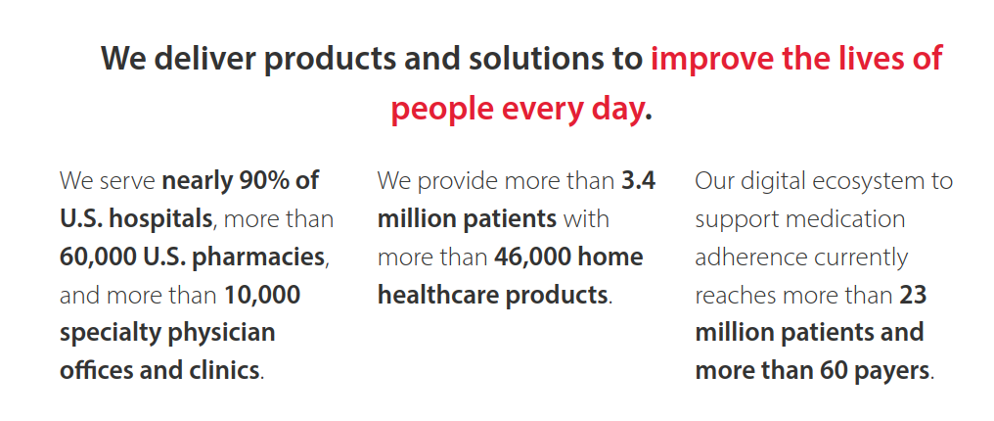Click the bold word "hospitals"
[161, 219]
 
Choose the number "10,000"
[262, 296]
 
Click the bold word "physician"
[222, 334]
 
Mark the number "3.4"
[638, 181]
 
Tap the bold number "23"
[914, 296]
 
